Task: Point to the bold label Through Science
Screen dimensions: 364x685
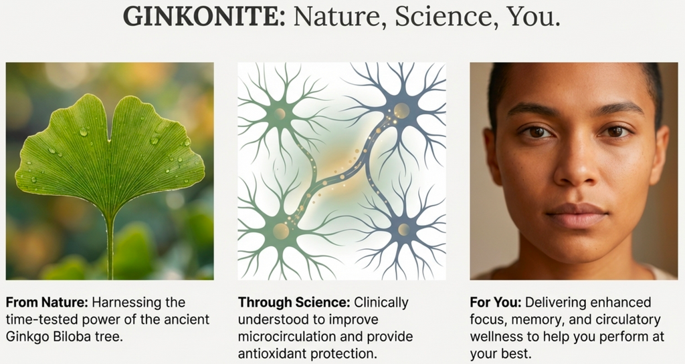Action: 294,303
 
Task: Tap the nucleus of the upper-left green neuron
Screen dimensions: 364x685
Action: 280,114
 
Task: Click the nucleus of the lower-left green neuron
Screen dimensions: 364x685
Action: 281,231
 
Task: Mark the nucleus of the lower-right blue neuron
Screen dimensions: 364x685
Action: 403,230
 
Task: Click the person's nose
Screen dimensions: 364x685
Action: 575,170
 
